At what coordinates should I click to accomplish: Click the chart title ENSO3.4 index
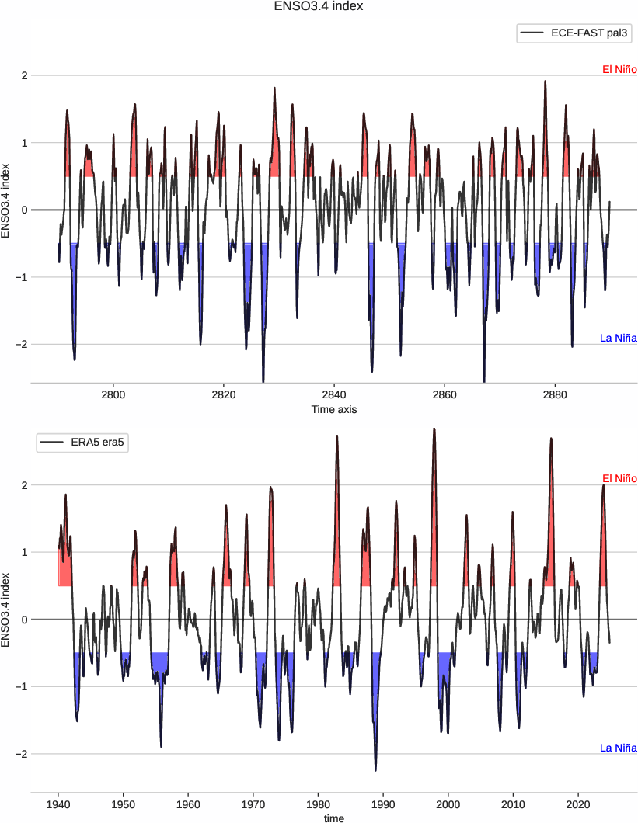click(x=319, y=7)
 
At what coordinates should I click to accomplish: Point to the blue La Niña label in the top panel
click(x=618, y=338)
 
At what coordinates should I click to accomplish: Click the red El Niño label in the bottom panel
click(x=619, y=478)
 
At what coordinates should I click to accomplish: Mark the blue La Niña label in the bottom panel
click(x=618, y=748)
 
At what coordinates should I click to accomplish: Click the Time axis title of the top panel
click(x=333, y=409)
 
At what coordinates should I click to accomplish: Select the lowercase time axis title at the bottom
click(x=333, y=818)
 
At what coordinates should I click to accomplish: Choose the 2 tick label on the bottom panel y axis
click(x=25, y=485)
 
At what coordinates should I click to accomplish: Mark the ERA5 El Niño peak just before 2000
click(x=434, y=429)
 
